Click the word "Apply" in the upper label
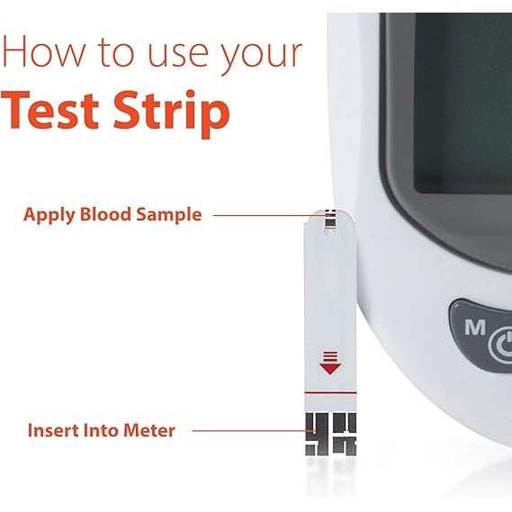click(50, 215)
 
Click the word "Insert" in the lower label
click(54, 430)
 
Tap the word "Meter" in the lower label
click(150, 430)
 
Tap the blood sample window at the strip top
click(330, 219)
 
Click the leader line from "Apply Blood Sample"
click(261, 215)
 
